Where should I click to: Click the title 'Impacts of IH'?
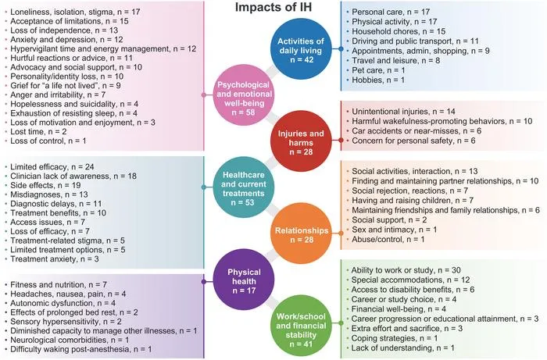(273, 7)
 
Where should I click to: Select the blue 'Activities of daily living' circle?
(301, 49)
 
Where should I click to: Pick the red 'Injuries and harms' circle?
(301, 141)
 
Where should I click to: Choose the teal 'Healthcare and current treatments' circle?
(244, 187)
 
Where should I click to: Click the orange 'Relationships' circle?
(302, 233)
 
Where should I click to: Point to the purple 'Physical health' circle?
(244, 280)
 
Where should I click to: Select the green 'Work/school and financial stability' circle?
(301, 326)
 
